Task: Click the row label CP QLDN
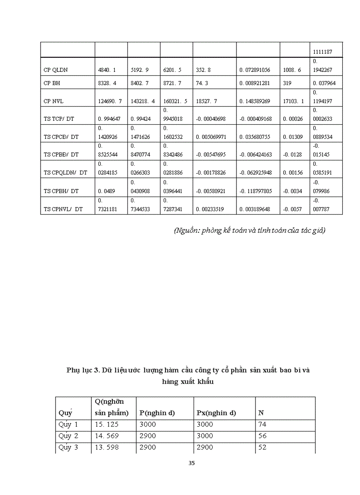(56, 70)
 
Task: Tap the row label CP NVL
(53, 101)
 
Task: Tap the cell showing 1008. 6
(292, 70)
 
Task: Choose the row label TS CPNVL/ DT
(63, 209)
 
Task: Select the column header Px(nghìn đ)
(216, 413)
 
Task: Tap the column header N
(261, 413)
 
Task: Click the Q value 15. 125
(106, 424)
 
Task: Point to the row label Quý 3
(68, 447)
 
